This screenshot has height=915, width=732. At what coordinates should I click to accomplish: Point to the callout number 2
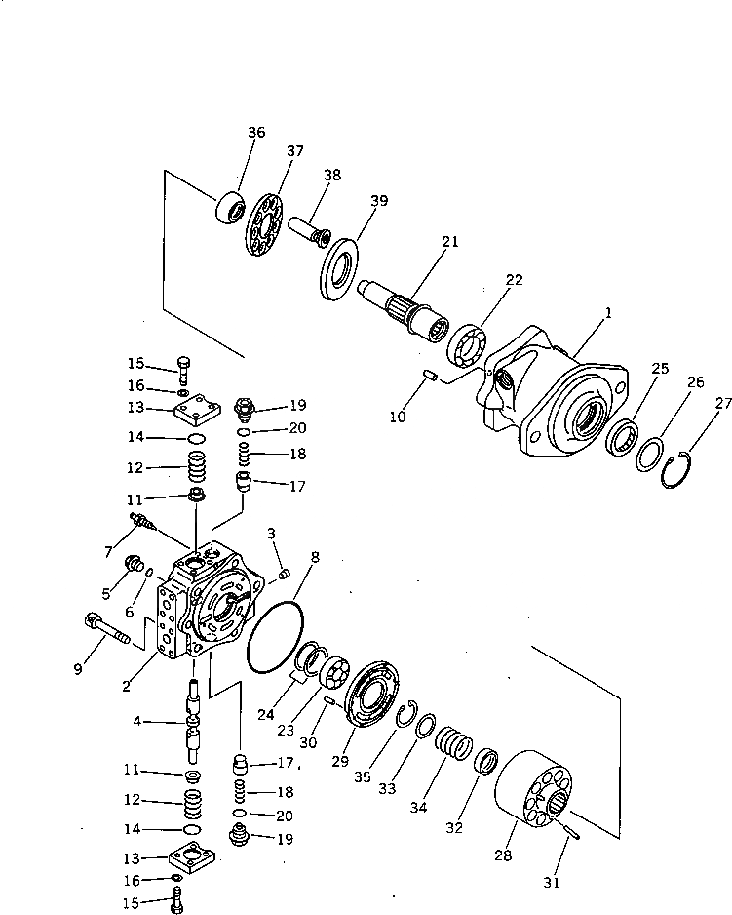tap(127, 686)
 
